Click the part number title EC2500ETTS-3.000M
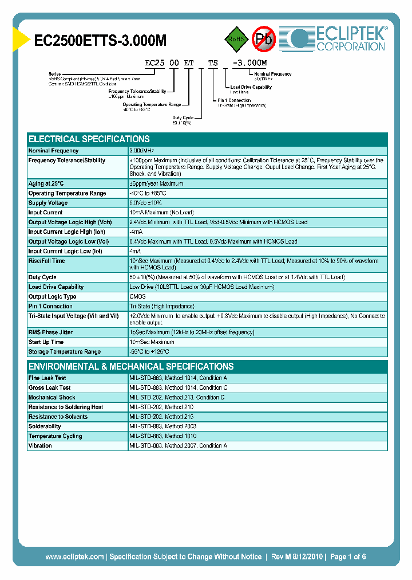coord(100,40)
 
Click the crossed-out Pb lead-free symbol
coord(264,39)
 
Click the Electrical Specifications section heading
coord(89,139)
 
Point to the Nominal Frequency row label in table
coord(53,151)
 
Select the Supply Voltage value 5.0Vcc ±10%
coord(146,203)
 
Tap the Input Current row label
coord(46,213)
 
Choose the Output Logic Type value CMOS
coord(138,296)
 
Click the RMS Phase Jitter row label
coord(51,332)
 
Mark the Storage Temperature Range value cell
coord(149,352)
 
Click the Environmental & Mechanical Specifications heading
coord(131,366)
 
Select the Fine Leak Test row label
coord(47,378)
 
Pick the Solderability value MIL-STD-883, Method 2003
coord(163,426)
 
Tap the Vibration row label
coord(40,446)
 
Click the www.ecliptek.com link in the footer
coord(74,557)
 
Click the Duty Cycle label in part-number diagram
coord(183,117)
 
